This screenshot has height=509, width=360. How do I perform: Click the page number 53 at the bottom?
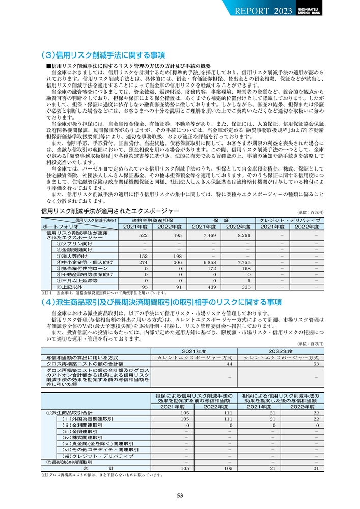[x=180, y=496]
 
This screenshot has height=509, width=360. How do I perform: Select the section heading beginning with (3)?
[x=102, y=55]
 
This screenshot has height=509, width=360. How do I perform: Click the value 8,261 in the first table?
[x=239, y=236]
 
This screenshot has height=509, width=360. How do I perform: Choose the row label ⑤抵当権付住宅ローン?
[x=82, y=268]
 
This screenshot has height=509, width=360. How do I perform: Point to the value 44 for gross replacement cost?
[x=230, y=364]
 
